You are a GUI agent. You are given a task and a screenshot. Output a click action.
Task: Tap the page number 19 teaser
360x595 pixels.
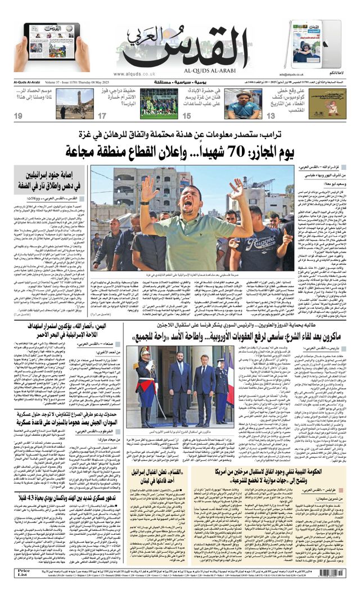tap(19, 116)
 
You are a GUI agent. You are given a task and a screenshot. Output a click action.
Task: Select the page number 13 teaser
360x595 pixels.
tap(271, 116)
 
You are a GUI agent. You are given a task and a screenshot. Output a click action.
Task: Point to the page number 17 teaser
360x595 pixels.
tap(102, 116)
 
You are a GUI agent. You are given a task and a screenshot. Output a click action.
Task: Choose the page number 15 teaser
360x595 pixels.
tap(186, 116)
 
